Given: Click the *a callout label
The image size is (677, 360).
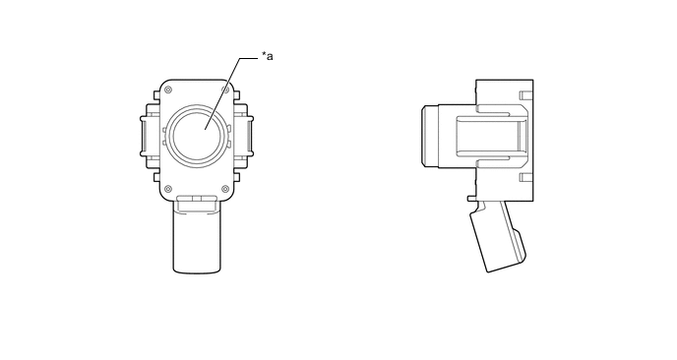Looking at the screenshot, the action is click(268, 56).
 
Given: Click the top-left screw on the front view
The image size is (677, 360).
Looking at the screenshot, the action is click(168, 90).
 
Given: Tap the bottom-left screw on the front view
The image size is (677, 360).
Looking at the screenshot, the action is click(168, 189).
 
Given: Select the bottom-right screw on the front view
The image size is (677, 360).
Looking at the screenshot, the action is click(225, 189).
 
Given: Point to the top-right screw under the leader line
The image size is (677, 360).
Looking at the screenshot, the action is click(225, 90).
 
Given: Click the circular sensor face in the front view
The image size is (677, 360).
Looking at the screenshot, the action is click(197, 135).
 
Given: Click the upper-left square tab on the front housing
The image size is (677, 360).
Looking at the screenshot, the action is click(156, 95).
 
